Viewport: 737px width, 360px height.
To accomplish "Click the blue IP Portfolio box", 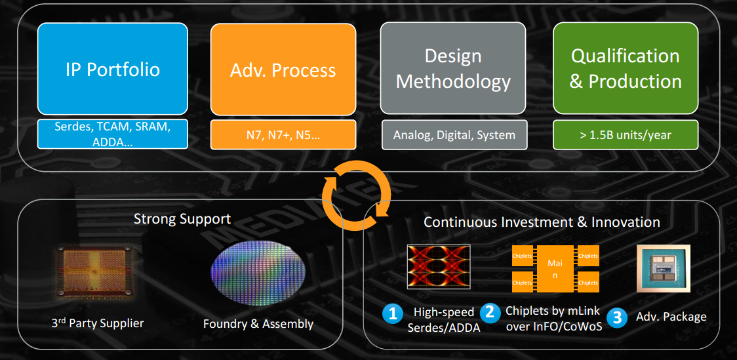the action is tap(113, 69).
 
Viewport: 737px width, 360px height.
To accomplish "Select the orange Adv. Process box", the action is tap(283, 70).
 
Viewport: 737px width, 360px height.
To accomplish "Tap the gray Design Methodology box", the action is tap(452, 68).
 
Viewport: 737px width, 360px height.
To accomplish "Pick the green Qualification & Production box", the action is tap(626, 68).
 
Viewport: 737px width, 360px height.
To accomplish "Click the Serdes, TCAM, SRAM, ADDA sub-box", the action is tap(113, 134).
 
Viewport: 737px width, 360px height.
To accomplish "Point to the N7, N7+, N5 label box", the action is tap(283, 135).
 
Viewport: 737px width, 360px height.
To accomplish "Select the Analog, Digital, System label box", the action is tap(454, 135).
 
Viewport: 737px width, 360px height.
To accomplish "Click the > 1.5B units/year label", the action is tap(626, 135).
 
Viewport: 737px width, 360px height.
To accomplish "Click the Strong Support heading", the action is tap(182, 219).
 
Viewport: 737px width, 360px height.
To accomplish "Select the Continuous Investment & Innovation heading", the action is tap(542, 222).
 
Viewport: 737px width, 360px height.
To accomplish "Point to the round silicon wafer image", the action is tap(258, 273).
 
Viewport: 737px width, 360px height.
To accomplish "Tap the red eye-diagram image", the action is tap(439, 267).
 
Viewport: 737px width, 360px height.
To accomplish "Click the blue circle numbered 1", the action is tap(393, 314).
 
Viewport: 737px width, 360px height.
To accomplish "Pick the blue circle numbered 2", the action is tap(490, 312).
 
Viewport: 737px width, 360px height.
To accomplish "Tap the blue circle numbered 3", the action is tap(617, 317).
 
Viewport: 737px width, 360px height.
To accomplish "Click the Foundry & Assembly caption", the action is tap(258, 324).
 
